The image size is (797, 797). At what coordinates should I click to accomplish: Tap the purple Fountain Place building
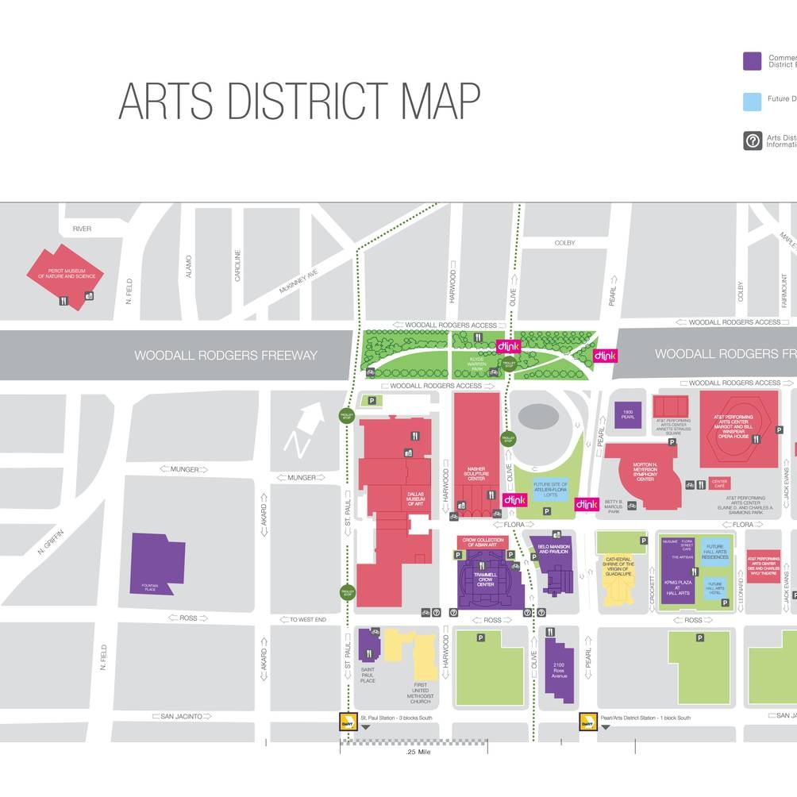point(158,561)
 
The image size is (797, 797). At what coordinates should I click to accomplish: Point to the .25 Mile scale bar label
point(418,751)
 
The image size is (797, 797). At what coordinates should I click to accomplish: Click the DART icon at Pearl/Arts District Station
point(587,722)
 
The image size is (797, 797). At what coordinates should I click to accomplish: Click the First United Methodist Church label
point(421,692)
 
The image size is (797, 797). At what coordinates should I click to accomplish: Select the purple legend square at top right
point(753,61)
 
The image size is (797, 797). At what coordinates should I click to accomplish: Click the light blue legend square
point(753,102)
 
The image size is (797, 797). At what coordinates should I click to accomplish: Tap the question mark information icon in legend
point(753,141)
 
